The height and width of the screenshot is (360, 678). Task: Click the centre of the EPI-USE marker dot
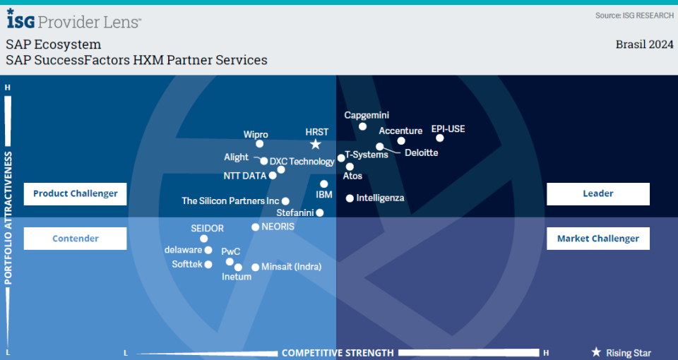(440, 138)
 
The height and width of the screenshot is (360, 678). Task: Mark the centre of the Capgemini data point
(363, 126)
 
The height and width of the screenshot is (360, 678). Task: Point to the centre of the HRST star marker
(316, 144)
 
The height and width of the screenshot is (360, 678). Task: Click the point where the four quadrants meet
(336, 217)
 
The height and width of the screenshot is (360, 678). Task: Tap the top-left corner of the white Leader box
(547, 183)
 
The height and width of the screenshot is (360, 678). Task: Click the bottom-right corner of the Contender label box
(126, 249)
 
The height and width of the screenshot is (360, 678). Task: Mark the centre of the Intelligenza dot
(350, 198)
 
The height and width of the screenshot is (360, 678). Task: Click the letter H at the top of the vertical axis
(7, 88)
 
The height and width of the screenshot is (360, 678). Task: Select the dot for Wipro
(259, 144)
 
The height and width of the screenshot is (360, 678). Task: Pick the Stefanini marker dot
(319, 212)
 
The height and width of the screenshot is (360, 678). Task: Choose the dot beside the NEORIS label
(255, 227)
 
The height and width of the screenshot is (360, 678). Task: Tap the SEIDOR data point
(203, 239)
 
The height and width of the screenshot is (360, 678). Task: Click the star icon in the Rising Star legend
(596, 352)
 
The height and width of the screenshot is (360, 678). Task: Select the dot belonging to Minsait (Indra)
(255, 267)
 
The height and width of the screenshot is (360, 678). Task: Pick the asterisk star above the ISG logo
(11, 11)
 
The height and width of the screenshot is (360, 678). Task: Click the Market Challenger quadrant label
(598, 239)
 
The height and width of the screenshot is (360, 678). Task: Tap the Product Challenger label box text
(76, 193)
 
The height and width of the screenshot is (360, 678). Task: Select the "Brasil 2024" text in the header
(644, 44)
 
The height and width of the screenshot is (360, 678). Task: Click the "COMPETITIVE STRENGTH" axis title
(338, 353)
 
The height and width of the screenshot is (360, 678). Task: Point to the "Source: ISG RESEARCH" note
(634, 16)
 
